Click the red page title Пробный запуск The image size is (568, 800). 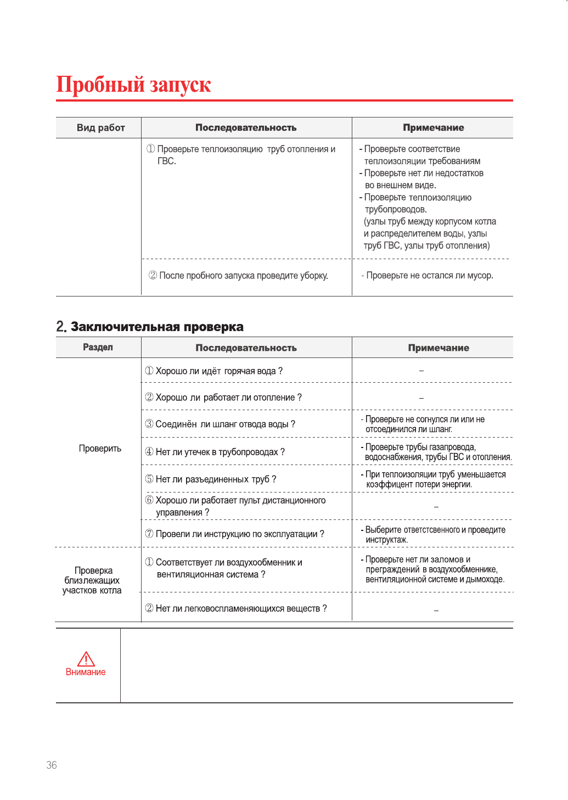[x=133, y=85]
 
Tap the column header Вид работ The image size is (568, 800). [x=100, y=127]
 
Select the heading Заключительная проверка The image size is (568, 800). [x=157, y=327]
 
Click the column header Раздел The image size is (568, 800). [x=98, y=347]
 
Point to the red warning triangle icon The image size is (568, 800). [x=86, y=659]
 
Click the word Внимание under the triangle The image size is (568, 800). [x=86, y=672]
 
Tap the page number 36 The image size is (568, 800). [x=52, y=765]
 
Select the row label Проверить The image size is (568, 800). [x=100, y=449]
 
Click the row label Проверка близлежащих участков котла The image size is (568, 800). [x=92, y=580]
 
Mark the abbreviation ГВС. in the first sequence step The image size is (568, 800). [x=167, y=161]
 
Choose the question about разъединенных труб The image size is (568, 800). [x=216, y=479]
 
